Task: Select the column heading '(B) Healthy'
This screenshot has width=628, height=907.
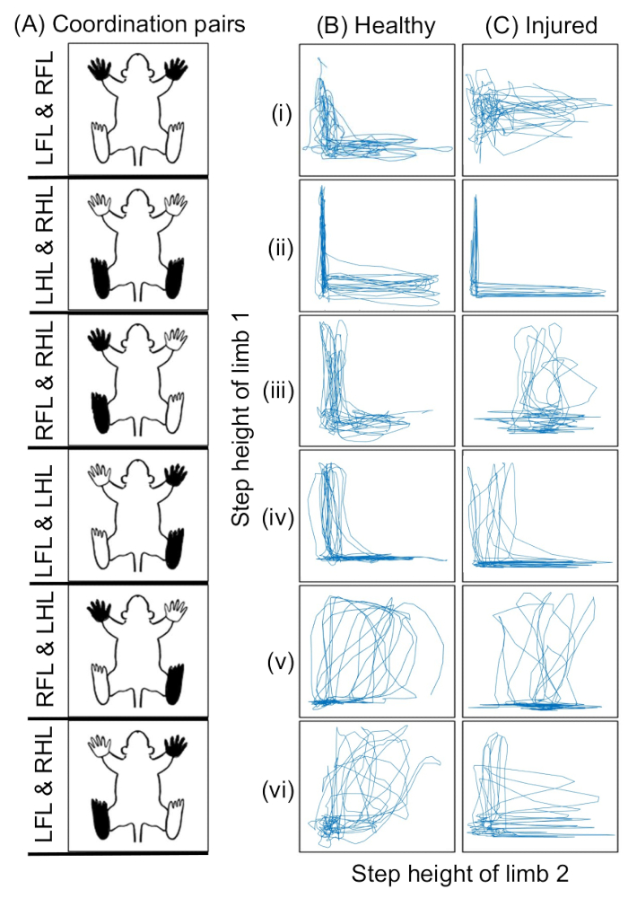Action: (x=377, y=25)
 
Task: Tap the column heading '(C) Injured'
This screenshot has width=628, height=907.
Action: (x=541, y=25)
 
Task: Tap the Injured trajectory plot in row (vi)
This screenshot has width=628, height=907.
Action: (x=541, y=786)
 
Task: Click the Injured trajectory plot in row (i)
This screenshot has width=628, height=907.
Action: (x=541, y=110)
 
